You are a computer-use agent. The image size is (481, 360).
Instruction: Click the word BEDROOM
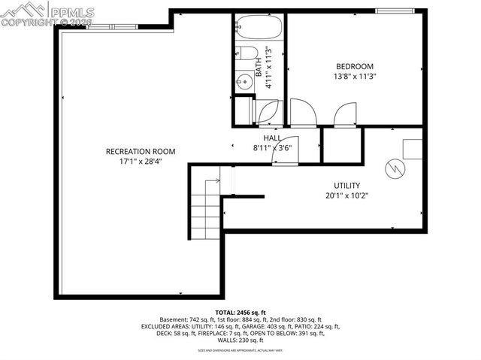(354, 67)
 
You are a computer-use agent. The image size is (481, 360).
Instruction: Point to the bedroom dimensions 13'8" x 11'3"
(354, 77)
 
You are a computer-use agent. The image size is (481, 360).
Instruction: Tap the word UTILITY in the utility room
(346, 186)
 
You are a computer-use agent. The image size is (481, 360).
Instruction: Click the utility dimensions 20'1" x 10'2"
(346, 195)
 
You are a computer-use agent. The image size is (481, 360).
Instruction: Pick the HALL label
(271, 138)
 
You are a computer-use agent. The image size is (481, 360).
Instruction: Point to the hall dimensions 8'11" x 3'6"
(271, 148)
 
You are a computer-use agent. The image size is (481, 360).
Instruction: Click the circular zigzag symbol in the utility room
(394, 168)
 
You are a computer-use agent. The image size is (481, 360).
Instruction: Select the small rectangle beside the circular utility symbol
(412, 148)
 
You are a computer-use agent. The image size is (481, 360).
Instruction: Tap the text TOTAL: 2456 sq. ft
(240, 311)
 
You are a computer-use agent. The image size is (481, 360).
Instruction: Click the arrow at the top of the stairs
(212, 180)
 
